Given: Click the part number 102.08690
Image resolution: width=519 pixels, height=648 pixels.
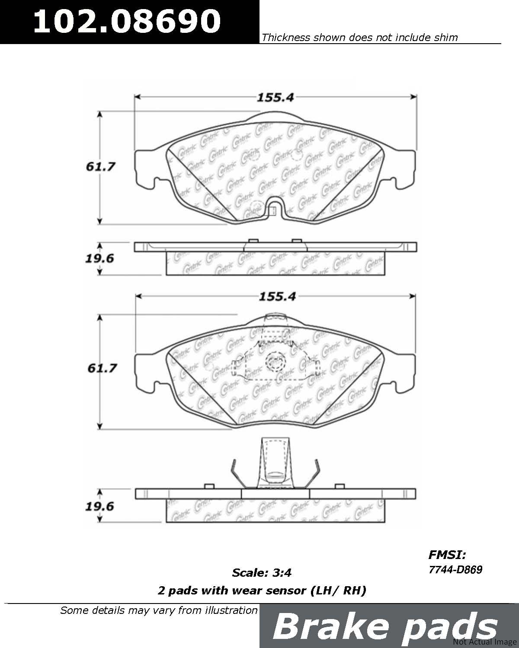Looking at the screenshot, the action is coord(127,21).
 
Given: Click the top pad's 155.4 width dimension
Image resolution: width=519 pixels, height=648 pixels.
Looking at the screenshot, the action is coord(275,98).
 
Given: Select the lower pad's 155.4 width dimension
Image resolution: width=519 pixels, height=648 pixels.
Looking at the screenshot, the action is coord(277,297).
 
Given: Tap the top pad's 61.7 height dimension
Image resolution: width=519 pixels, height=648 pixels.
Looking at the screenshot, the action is coord(100,166).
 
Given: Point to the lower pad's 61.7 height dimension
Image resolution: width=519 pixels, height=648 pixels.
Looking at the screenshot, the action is coord(102,368).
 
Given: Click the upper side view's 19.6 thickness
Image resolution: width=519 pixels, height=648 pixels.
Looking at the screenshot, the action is coord(99,258).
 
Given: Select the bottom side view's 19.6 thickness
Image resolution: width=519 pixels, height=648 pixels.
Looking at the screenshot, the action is coord(99,506).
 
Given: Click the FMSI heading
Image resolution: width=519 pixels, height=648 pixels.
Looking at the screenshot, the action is coord(447,554).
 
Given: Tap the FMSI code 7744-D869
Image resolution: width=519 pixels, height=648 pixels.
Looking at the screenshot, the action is coord(456,569).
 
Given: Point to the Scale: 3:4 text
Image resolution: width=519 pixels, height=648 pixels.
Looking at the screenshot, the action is coord(262,572).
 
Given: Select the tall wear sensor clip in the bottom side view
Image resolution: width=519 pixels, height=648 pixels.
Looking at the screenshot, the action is coord(275,463).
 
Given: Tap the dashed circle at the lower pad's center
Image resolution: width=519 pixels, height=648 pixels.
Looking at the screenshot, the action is coord(275,361).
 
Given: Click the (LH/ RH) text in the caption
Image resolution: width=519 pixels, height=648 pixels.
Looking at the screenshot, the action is coord(338,591).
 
